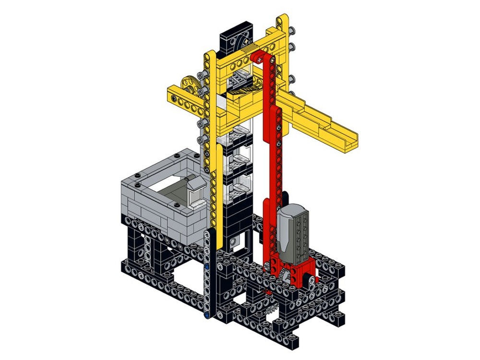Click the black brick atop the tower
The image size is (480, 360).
pos(234,41)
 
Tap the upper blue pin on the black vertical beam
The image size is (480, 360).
pos(206,266)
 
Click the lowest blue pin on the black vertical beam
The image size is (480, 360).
pos(206,316)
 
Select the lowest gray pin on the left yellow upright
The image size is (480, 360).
pos(199,140)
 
